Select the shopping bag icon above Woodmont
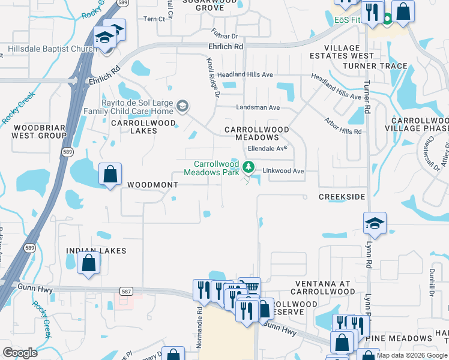[110, 174]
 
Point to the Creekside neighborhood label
[342, 197]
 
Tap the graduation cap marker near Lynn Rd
[375, 223]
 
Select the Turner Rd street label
[367, 103]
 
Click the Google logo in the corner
[20, 352]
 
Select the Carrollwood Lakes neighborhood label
[143, 126]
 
